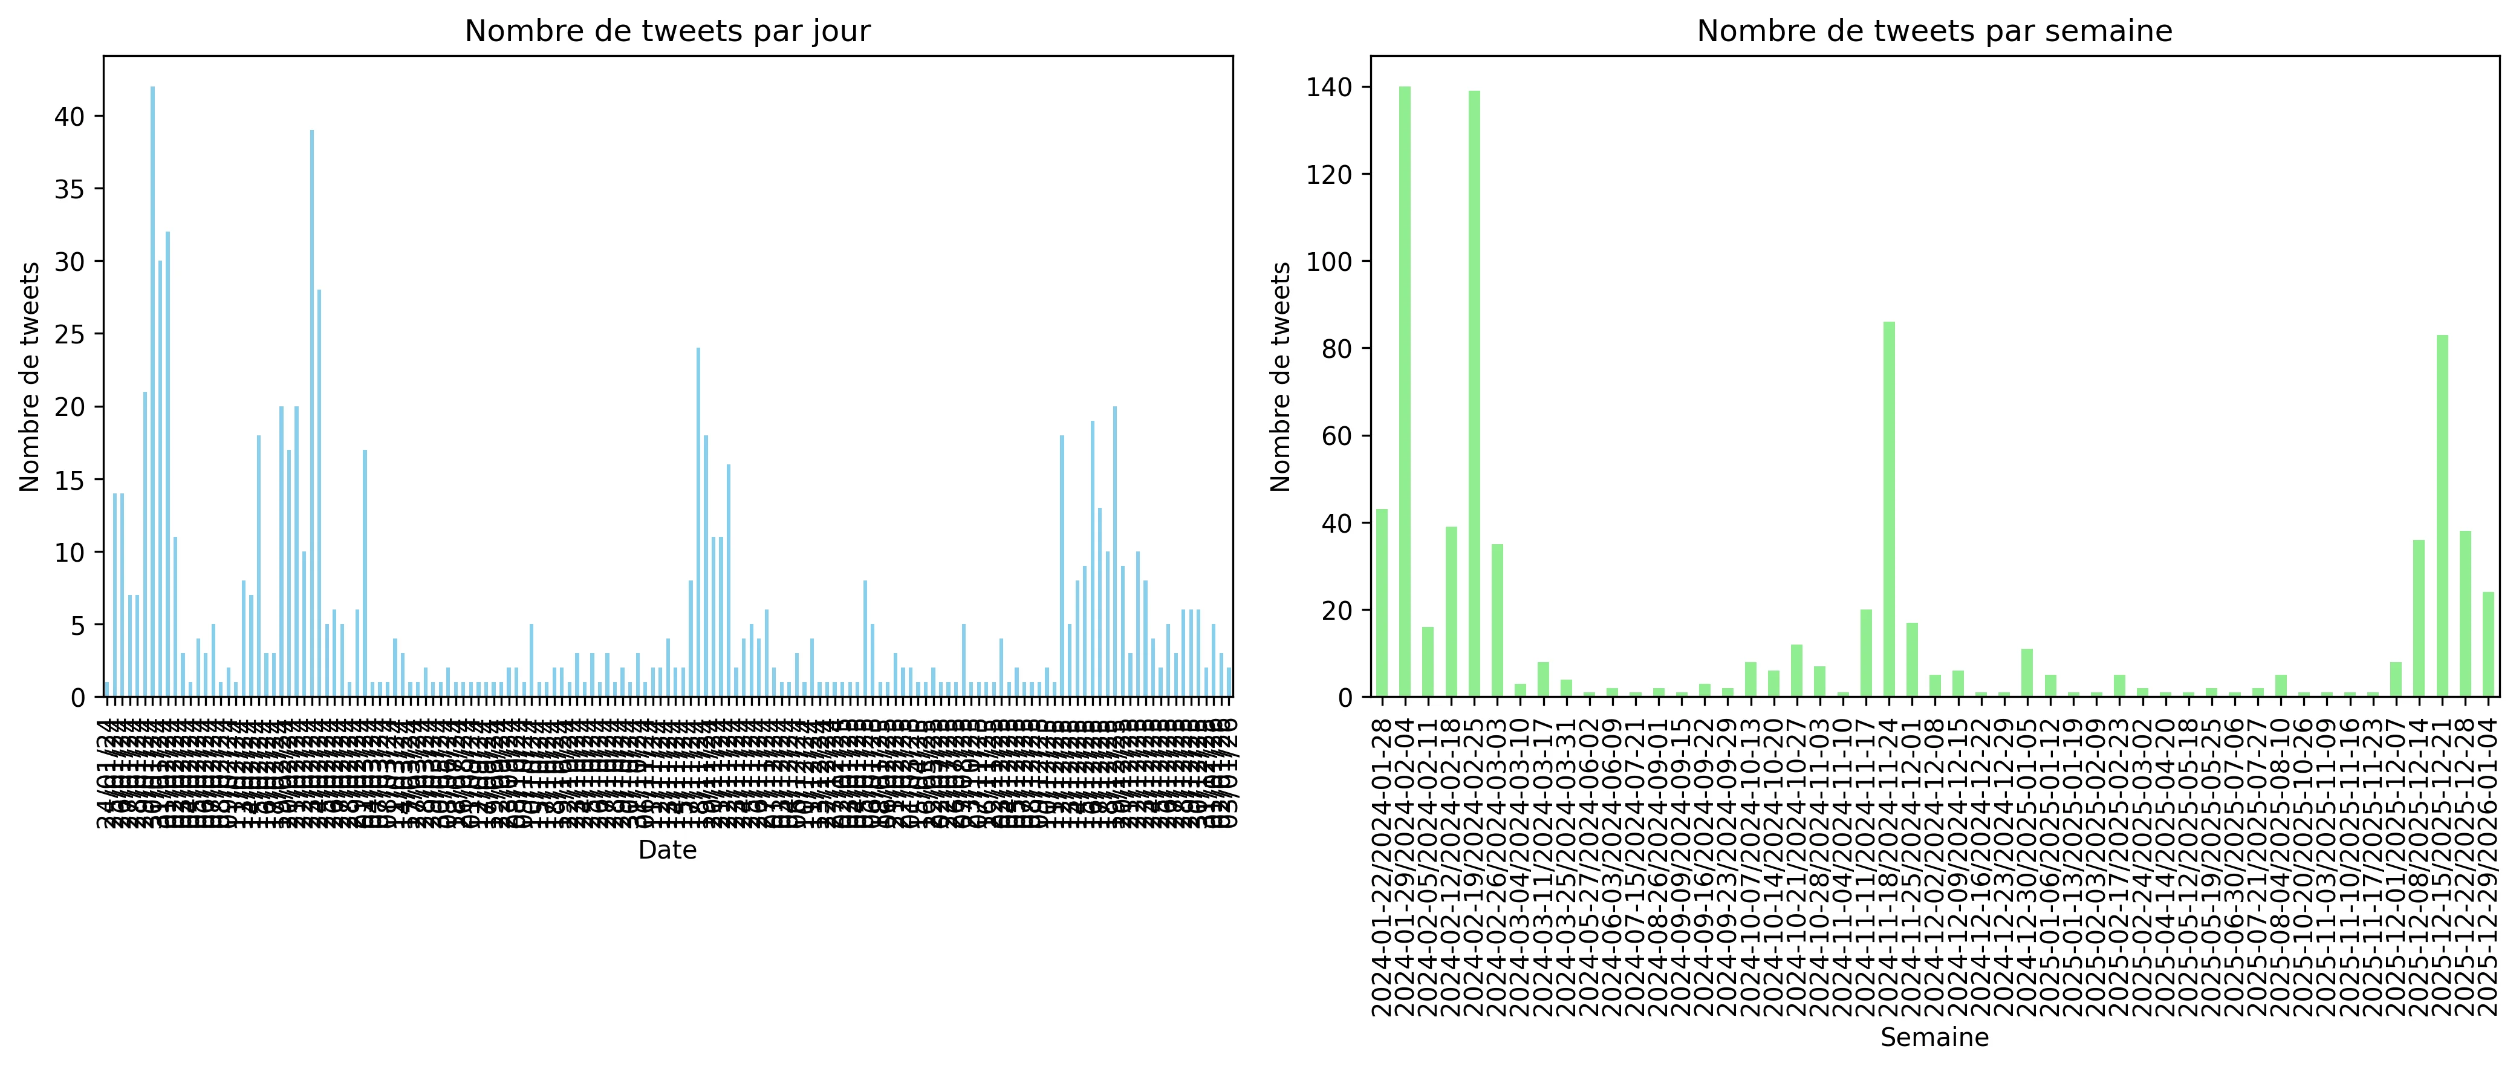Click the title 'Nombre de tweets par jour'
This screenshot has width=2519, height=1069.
(667, 31)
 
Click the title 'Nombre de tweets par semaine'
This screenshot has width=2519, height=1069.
(1934, 31)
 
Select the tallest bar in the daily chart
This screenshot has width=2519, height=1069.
(152, 391)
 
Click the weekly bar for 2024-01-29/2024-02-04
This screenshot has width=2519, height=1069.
(1404, 391)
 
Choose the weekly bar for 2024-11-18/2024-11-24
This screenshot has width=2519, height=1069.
(1889, 509)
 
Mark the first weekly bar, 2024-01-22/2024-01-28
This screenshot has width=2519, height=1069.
(1382, 602)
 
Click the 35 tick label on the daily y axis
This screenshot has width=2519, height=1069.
(70, 189)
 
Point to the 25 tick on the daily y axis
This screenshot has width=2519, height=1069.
(70, 334)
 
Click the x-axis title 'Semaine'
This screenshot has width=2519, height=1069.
(1934, 1038)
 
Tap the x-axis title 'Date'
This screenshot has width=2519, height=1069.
(667, 851)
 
